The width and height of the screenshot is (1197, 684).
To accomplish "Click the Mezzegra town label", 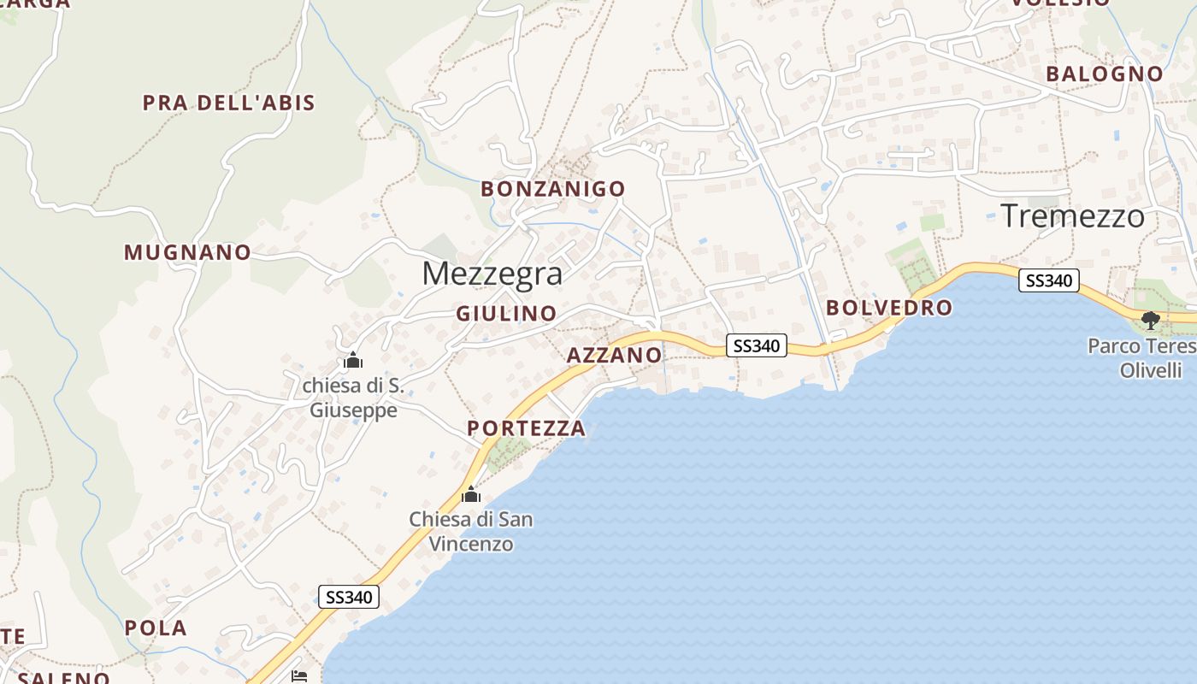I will (492, 274).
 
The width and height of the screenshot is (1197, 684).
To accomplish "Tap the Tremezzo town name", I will (1072, 215).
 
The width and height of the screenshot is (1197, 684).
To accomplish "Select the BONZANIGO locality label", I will (552, 189).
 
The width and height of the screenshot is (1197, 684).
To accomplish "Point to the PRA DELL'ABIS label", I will (228, 103).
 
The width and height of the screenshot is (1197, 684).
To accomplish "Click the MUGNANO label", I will (187, 253).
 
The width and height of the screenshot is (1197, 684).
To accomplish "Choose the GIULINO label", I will (506, 314).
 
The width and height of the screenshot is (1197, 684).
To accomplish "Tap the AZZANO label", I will (614, 355).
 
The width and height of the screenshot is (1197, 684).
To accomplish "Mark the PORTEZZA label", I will (526, 428).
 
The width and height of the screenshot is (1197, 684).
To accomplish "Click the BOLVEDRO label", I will (888, 308).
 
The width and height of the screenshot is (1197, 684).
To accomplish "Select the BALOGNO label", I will (1105, 74).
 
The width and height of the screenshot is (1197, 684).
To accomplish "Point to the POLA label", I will (156, 628).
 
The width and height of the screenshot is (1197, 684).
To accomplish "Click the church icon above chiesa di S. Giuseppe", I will (352, 360).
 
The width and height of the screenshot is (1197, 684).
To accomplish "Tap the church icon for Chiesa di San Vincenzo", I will (470, 495).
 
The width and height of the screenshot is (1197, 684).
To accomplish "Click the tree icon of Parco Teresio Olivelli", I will (1151, 321).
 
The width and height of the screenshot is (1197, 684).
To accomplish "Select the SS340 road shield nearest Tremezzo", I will (1048, 280).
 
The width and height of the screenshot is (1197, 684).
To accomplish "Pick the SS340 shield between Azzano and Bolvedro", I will (757, 345).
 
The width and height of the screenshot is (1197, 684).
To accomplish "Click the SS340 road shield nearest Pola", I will (349, 597).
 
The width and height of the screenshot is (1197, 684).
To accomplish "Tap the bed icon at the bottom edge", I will (299, 676).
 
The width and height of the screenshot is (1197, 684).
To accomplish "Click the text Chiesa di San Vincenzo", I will (470, 531).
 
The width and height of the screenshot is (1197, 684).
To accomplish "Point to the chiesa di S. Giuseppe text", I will (353, 398).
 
